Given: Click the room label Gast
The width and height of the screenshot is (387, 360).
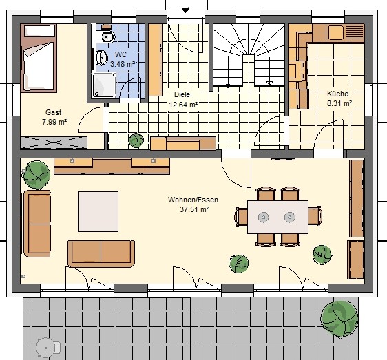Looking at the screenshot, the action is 53,112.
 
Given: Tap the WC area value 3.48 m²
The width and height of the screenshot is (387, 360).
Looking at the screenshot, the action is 123,65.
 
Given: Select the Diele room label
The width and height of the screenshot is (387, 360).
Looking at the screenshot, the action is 182,94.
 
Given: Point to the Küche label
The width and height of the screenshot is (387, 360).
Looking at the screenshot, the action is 338,94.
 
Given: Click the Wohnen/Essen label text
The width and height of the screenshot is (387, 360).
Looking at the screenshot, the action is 193,200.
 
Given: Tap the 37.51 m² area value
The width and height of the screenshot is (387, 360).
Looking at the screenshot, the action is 194,209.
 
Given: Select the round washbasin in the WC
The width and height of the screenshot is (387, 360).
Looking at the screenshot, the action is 102,58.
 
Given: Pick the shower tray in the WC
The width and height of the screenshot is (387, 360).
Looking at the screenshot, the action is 104,85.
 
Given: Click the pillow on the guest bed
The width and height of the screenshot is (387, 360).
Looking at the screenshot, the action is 39,31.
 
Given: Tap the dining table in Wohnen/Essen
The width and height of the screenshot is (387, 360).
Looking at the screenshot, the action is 278,217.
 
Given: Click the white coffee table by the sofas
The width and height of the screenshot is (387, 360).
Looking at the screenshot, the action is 98,212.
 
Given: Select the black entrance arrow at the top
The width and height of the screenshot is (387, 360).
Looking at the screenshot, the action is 186,10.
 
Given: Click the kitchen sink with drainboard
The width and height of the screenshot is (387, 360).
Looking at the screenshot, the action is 346,32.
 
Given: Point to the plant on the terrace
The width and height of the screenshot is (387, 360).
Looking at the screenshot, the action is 339,319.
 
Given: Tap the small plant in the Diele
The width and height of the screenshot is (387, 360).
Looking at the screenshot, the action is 136,140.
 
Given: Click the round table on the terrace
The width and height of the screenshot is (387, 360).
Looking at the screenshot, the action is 45,348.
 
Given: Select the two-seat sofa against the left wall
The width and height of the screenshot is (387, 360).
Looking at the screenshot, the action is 37,224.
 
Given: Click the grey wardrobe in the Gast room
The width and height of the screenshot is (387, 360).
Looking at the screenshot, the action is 54,142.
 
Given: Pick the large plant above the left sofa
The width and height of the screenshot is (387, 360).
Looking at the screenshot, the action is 37,175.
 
